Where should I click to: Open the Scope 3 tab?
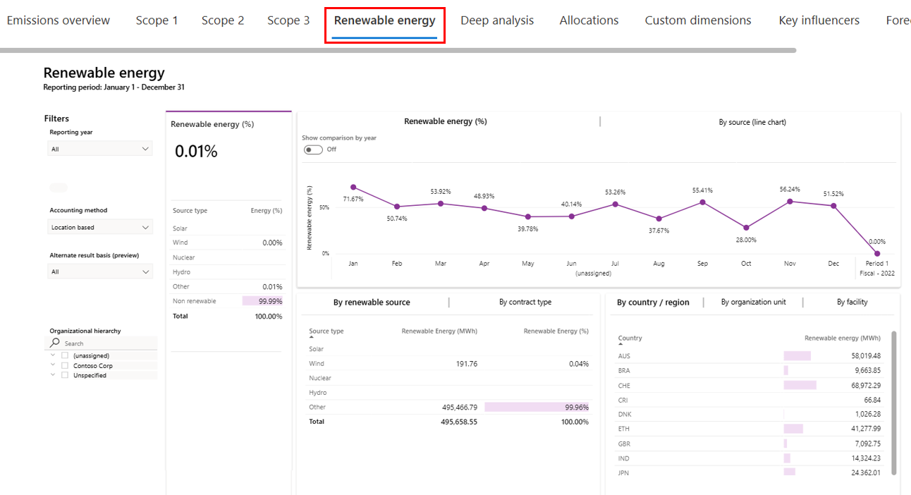(288, 20)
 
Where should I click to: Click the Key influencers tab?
(819, 20)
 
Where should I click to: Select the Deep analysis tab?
(497, 20)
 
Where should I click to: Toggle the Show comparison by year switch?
(313, 149)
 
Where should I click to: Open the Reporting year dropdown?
(100, 149)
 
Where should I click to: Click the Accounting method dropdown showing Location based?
(100, 227)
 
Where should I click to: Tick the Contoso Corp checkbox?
(65, 365)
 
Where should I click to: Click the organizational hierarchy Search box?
(106, 343)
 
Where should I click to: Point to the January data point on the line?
(353, 188)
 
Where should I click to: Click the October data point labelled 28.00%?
(746, 228)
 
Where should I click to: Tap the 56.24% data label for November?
(790, 189)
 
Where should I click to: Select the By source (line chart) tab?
(752, 122)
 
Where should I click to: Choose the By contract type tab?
(525, 302)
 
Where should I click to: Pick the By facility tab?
(852, 302)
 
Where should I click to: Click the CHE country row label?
(624, 386)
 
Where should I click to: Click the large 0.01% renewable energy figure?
(196, 152)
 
